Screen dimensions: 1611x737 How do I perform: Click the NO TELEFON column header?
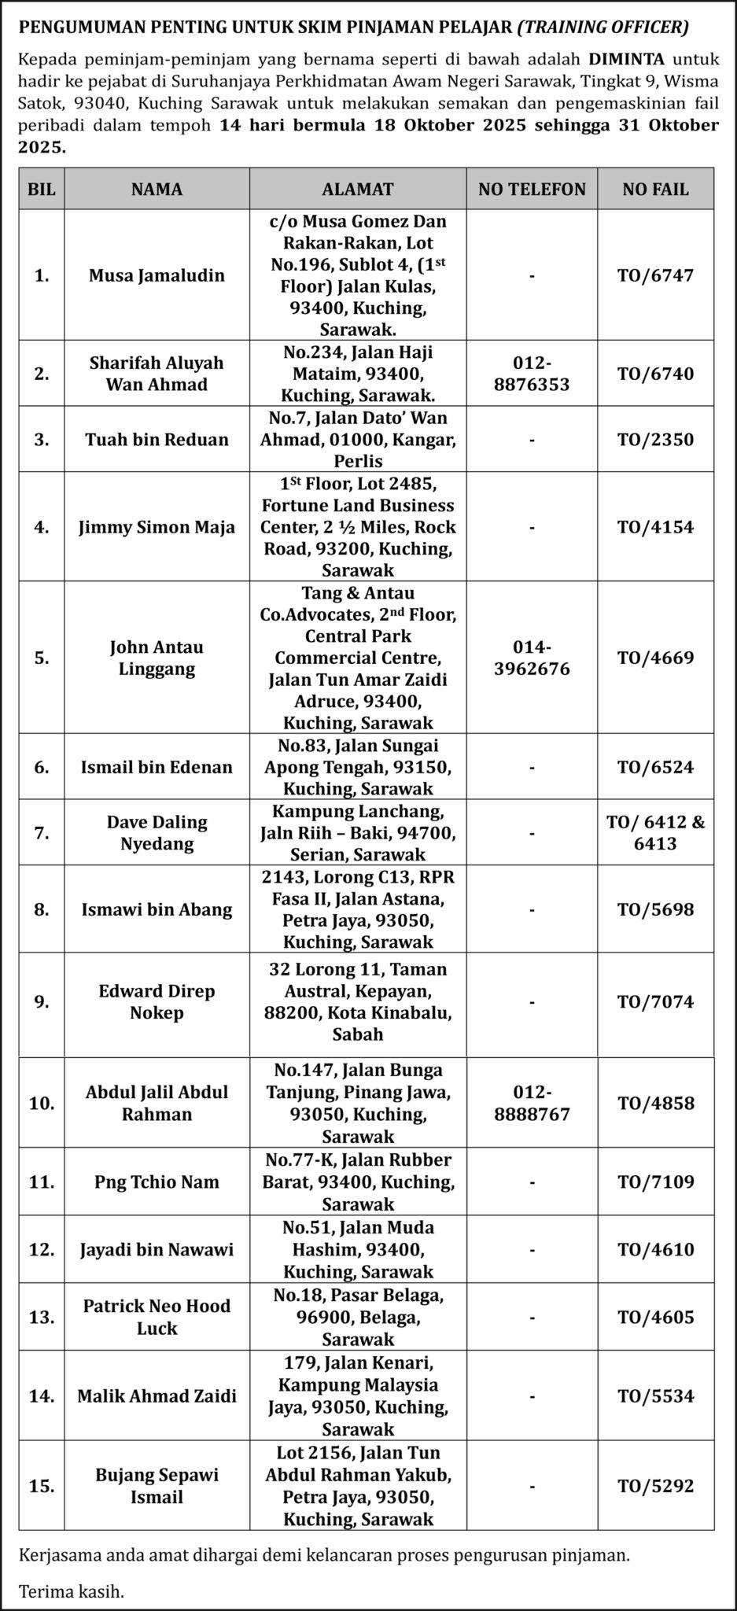tap(532, 189)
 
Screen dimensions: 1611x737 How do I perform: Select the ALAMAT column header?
tap(357, 189)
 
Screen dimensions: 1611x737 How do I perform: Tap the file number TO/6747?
tap(655, 275)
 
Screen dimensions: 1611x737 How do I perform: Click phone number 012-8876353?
tap(532, 374)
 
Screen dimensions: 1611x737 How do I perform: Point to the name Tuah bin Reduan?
tap(157, 439)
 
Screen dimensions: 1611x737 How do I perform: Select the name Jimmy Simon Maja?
tap(157, 527)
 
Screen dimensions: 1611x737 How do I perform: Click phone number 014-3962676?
tap(532, 658)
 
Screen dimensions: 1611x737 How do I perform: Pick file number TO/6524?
tap(655, 767)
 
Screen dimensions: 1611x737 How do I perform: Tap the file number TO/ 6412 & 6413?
tap(655, 833)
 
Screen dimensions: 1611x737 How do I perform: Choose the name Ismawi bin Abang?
tap(157, 909)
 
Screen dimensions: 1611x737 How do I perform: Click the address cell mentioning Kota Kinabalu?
tap(357, 1001)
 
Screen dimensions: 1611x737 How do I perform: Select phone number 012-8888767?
tap(532, 1103)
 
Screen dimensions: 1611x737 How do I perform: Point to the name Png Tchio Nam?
tap(157, 1182)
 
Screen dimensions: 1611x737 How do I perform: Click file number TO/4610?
tap(655, 1249)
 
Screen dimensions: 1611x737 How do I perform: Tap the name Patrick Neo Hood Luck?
tap(157, 1317)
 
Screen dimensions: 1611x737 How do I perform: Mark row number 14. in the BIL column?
tap(42, 1396)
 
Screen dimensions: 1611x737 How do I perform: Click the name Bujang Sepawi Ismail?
tap(157, 1486)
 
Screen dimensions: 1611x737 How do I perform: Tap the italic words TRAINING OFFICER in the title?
tap(603, 28)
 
